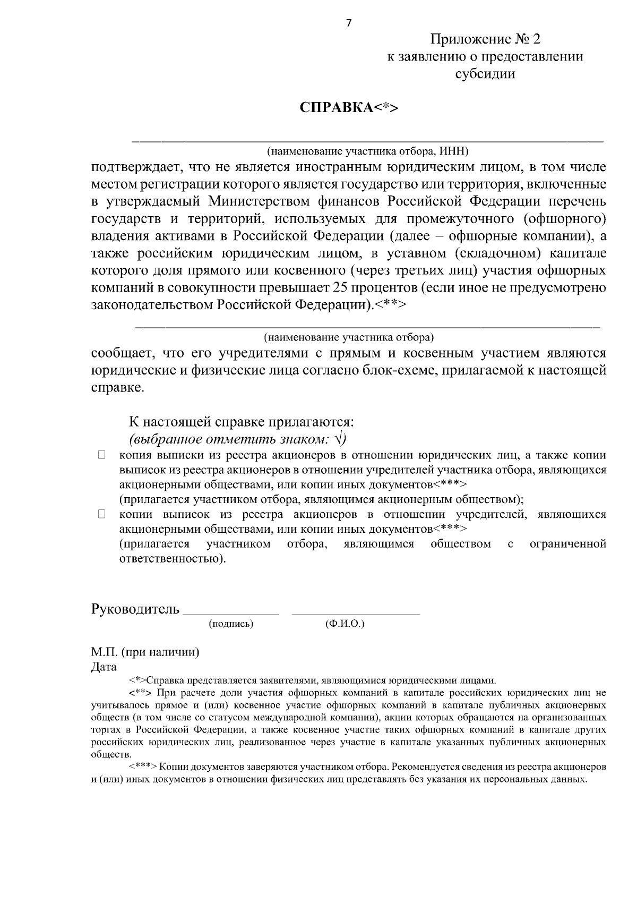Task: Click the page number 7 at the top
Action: (x=349, y=23)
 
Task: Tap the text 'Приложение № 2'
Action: (x=485, y=40)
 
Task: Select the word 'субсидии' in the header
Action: (x=485, y=74)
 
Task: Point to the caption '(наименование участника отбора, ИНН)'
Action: (x=367, y=151)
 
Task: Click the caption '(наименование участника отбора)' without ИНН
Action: (x=349, y=337)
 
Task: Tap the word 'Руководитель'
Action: (x=135, y=609)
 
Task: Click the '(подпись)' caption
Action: (x=231, y=624)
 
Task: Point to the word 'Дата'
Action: (x=104, y=667)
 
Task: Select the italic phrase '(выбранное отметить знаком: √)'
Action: (x=237, y=439)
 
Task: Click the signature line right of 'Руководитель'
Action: (x=230, y=614)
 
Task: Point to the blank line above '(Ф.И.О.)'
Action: (x=356, y=614)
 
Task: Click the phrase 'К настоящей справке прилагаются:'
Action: (x=242, y=422)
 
